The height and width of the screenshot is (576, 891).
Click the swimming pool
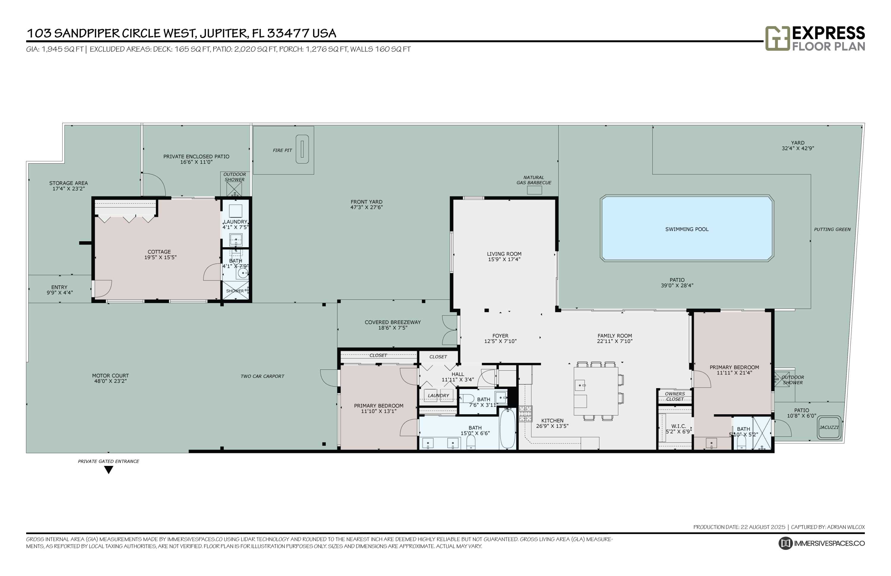pos(687,228)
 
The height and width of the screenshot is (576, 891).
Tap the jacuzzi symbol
pos(829,428)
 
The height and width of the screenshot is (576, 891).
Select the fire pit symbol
pos(302,149)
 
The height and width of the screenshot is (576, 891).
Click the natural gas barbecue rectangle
pos(534,190)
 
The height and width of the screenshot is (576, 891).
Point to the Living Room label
pos(504,254)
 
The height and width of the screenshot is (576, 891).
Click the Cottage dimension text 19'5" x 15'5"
pos(160,257)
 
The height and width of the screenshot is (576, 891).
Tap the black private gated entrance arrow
pos(109,470)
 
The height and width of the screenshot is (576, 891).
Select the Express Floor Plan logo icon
pos(777,38)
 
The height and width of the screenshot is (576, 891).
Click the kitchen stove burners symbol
pos(525,414)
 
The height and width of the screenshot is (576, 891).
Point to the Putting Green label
pos(832,229)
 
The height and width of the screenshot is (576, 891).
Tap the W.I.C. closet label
pos(678,426)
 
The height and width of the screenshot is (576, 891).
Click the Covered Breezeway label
pos(392,322)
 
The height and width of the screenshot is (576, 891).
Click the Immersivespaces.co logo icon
pos(786,543)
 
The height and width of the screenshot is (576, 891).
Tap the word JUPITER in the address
pos(224,33)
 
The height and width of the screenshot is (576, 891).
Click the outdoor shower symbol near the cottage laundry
pos(234,189)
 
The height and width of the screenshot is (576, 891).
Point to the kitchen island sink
pos(580,385)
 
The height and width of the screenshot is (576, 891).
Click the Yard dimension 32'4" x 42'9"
pos(797,148)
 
